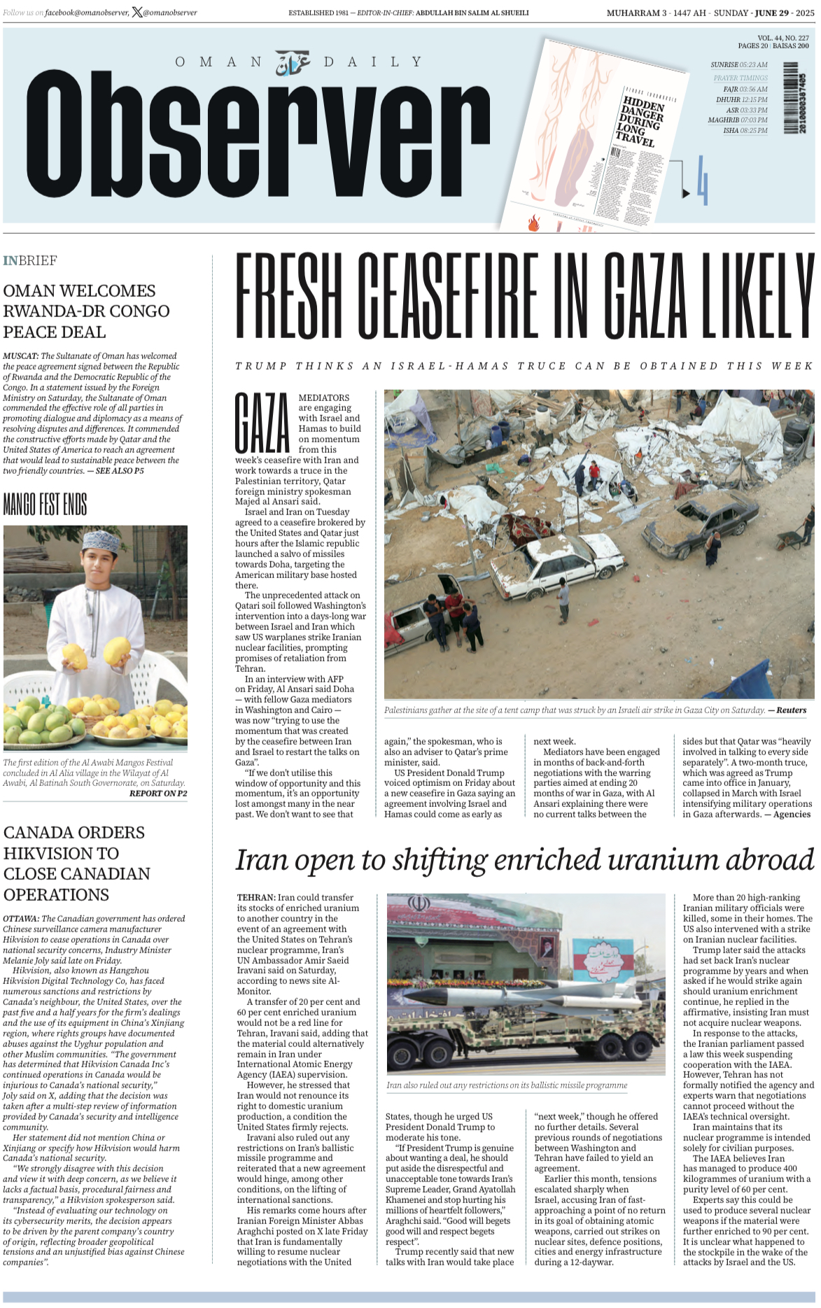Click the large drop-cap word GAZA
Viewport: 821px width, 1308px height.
(x=262, y=423)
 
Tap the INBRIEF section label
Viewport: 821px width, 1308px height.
(x=30, y=260)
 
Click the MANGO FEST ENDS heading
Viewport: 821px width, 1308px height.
(x=45, y=504)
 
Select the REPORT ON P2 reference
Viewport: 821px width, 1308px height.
(x=158, y=794)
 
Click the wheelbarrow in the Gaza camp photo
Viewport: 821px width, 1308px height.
(x=790, y=539)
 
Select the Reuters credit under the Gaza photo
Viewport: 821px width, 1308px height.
(x=791, y=710)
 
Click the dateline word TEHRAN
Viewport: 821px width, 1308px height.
(x=255, y=897)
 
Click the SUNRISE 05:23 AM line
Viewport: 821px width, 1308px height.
(x=739, y=64)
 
